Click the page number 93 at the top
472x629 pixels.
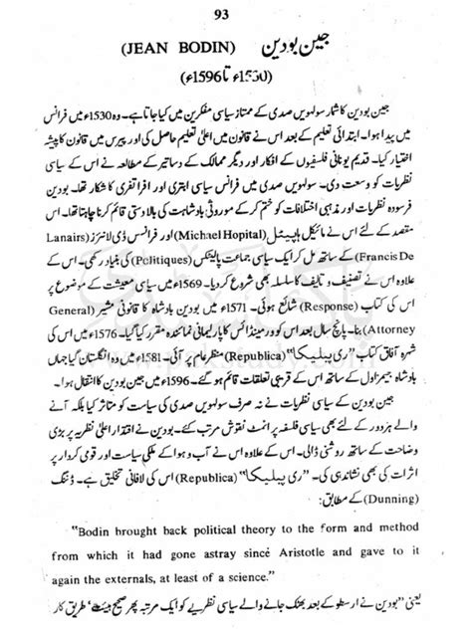click(236, 12)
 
